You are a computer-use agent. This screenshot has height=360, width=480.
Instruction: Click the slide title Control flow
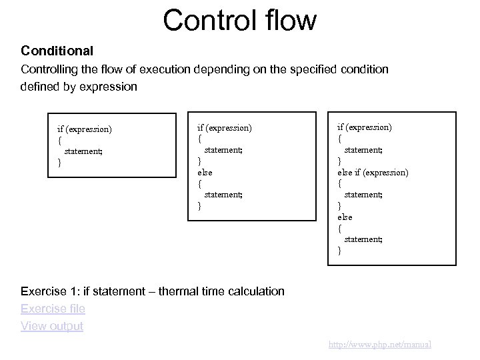[x=239, y=20]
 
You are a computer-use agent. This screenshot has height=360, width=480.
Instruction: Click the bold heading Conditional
[x=57, y=51]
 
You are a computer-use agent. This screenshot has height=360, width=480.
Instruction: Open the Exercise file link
[x=53, y=309]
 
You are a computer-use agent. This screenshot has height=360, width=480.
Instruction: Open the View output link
[x=52, y=326]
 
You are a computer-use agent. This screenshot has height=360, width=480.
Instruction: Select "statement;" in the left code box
[x=83, y=151]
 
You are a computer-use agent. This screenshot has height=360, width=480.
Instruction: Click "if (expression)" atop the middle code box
[x=225, y=126]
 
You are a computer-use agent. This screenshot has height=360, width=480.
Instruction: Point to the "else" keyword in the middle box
[x=205, y=171]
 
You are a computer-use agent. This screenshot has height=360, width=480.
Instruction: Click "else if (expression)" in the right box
[x=373, y=172]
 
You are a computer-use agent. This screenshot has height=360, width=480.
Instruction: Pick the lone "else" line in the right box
[x=345, y=217]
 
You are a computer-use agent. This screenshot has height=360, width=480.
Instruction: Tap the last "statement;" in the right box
[x=363, y=239]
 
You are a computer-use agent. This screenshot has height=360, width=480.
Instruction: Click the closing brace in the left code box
[x=60, y=162]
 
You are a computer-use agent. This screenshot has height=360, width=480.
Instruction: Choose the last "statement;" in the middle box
[x=223, y=194]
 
